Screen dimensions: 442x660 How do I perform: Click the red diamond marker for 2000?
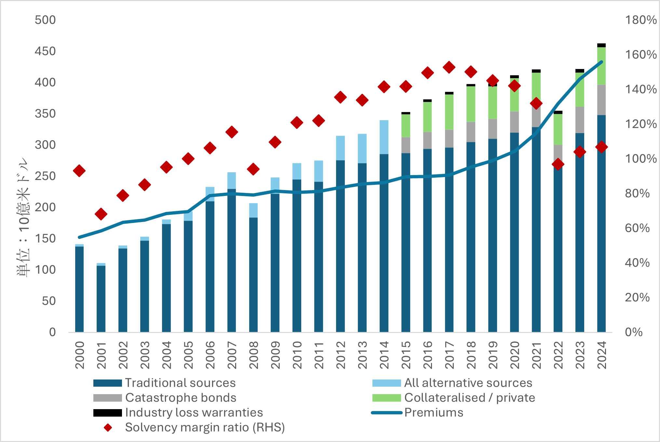(x=79, y=171)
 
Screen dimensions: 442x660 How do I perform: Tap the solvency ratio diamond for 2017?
(x=449, y=67)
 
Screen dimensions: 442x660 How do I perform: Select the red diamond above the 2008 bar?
(x=253, y=169)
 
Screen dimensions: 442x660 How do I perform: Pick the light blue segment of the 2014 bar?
(x=384, y=137)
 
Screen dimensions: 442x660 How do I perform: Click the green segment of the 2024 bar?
(x=601, y=66)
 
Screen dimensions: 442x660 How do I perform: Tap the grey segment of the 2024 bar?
(x=601, y=100)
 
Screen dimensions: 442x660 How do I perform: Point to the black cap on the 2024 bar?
(x=601, y=45)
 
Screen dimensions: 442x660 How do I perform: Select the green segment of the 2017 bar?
(x=449, y=112)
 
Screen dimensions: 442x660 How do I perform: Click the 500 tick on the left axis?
(x=45, y=20)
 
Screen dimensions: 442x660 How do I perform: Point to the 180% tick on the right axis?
(x=640, y=20)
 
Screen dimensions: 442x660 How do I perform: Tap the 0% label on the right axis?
(x=633, y=332)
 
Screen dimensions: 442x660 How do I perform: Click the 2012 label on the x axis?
(x=341, y=355)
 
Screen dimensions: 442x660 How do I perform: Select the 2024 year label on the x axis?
(x=602, y=355)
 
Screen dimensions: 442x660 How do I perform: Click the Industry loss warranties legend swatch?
(x=107, y=413)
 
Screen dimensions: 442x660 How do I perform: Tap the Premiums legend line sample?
(x=387, y=413)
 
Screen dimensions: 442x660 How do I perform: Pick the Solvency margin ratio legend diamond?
(x=108, y=428)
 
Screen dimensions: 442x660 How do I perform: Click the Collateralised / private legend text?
(x=469, y=398)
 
